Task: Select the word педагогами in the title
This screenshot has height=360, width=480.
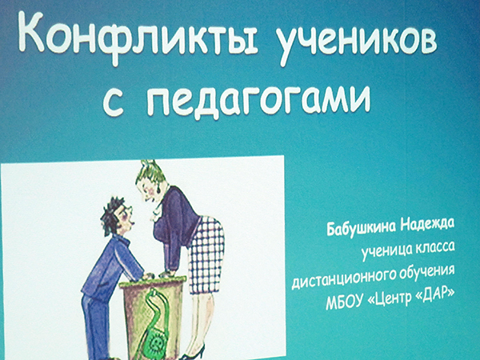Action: click(258, 99)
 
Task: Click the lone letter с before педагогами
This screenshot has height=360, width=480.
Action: click(113, 102)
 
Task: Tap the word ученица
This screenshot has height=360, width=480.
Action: click(386, 253)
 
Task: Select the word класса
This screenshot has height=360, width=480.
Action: click(434, 248)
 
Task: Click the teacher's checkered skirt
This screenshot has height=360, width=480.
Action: click(206, 256)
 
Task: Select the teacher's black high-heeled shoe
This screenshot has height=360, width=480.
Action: click(194, 354)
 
